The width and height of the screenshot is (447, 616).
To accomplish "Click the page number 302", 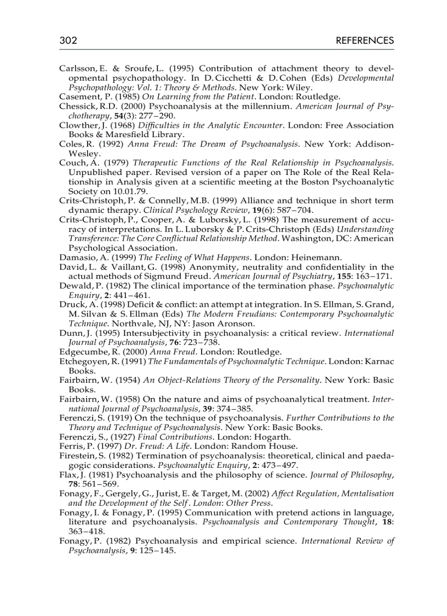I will point(68,41).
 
